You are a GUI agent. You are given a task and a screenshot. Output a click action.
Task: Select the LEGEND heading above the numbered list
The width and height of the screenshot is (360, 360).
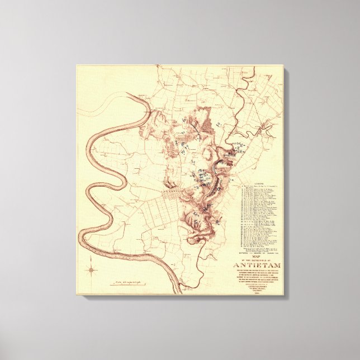258,183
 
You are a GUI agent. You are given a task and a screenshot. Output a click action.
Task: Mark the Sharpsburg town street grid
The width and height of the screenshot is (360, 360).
178,196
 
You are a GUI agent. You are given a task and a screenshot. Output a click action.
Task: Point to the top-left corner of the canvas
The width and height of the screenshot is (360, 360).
77,66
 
